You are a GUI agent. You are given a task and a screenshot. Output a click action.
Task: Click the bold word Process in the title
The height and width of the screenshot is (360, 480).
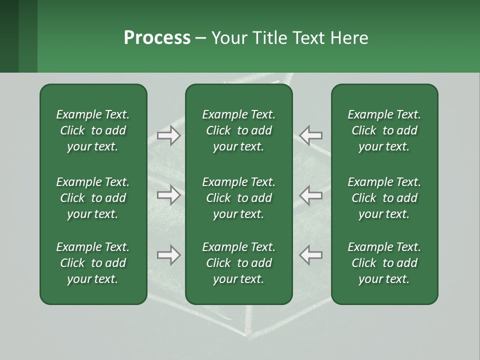tap(157, 37)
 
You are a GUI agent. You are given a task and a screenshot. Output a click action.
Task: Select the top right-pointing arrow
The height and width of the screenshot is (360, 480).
tap(169, 135)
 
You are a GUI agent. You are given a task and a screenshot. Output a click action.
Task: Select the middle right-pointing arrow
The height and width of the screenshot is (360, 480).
tap(169, 195)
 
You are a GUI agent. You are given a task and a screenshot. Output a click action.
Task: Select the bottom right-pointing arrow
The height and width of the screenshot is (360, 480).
tap(169, 255)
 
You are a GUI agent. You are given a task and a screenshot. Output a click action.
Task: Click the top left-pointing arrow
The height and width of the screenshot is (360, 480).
tap(310, 135)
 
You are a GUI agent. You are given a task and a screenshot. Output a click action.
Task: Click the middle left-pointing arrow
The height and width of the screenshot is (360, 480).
tap(310, 195)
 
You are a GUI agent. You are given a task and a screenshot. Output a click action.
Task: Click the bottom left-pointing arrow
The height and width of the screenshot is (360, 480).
tap(310, 255)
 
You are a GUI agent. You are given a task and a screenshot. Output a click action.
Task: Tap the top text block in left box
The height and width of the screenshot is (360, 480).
tap(93, 130)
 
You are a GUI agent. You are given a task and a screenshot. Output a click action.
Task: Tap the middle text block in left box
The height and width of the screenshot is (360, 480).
tap(93, 198)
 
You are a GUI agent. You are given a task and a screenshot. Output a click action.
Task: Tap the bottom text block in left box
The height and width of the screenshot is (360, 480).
tap(93, 263)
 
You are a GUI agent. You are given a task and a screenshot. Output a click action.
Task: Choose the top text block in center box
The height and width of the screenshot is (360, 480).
tap(238, 130)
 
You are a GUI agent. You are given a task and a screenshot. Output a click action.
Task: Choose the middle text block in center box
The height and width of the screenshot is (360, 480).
tap(238, 198)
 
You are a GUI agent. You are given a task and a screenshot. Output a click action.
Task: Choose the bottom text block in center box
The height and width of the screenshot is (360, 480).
tap(238, 263)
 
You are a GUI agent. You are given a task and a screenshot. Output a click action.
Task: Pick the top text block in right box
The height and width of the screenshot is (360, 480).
tap(384, 130)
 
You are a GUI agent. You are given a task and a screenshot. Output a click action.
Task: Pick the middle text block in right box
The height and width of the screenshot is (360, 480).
tap(384, 198)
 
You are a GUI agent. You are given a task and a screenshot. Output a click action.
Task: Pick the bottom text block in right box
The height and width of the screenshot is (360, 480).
tap(384, 263)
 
